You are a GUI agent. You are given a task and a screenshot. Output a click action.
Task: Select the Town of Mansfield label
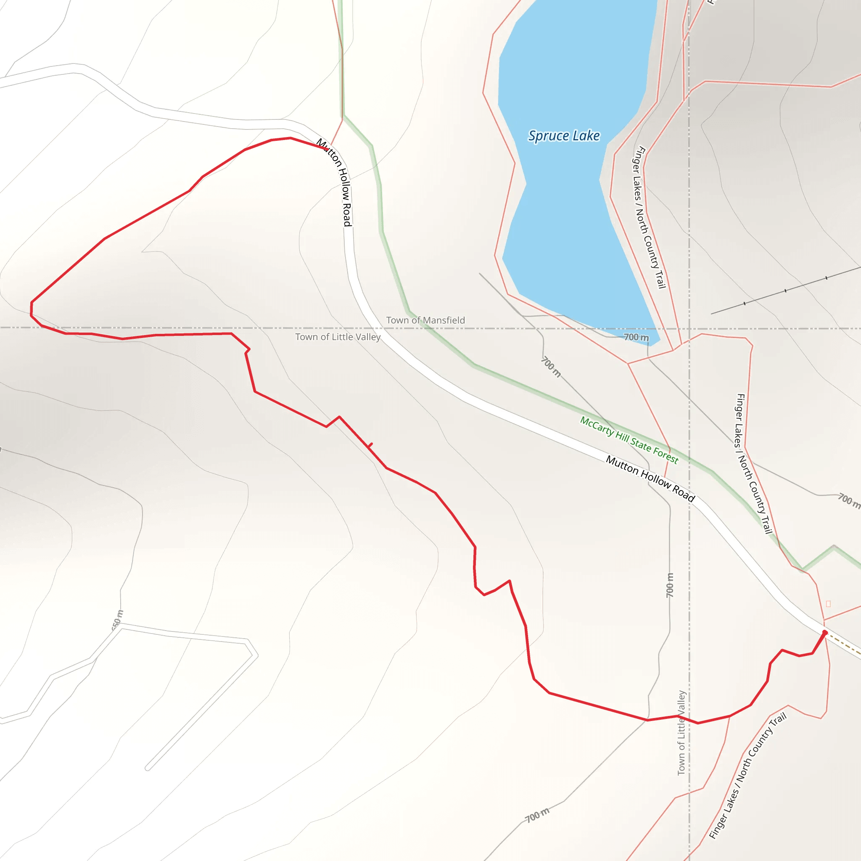(x=425, y=320)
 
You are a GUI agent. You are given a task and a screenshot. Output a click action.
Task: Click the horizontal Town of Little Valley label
(x=338, y=337)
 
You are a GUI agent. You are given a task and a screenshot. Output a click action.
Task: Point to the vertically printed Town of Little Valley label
(x=681, y=733)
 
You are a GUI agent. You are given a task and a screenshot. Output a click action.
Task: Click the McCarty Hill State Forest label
(x=629, y=440)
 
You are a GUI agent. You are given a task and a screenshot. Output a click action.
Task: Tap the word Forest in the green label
(x=666, y=455)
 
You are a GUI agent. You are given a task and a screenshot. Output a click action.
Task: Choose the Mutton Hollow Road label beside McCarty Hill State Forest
(x=650, y=478)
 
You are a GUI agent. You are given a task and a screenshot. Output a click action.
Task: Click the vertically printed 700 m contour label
(x=670, y=585)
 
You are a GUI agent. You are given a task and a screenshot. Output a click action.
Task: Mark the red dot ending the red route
(x=824, y=633)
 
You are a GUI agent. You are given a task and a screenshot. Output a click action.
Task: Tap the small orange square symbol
(x=828, y=604)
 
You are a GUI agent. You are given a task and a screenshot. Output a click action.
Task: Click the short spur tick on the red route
(x=370, y=445)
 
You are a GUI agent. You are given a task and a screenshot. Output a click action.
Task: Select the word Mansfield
(x=444, y=320)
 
